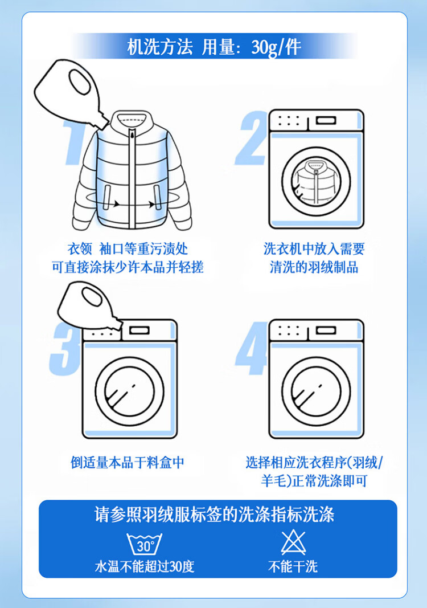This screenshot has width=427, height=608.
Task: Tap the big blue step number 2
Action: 252,138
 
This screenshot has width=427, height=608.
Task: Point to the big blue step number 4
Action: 252,348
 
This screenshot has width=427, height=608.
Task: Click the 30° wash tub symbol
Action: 144,544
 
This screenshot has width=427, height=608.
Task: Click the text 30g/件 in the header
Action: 276,47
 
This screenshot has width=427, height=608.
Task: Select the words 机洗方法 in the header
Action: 160,47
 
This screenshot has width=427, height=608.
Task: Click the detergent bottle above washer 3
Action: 89,306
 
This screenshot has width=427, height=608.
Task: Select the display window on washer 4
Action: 326,330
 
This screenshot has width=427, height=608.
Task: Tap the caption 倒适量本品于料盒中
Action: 127,462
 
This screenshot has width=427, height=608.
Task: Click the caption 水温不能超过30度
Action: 144,566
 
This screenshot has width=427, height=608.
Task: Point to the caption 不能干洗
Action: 293,566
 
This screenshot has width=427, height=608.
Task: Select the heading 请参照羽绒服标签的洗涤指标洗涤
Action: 214,515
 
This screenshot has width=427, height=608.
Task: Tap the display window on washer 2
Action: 326,120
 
